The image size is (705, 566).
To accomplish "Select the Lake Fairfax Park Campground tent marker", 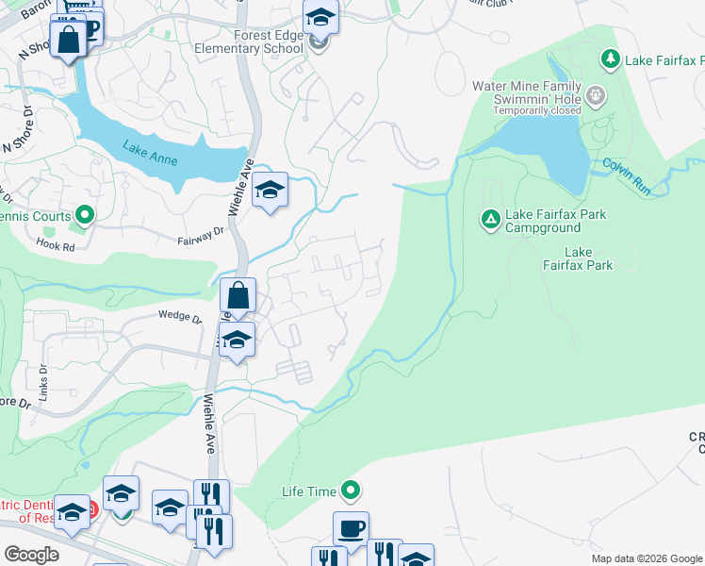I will [x=490, y=220].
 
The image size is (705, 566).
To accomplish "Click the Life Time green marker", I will [x=352, y=491].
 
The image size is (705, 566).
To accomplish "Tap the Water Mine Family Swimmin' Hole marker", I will [x=595, y=94].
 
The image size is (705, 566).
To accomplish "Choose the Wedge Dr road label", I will [x=180, y=317].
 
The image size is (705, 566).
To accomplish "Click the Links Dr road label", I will [x=43, y=380].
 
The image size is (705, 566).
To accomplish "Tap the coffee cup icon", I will [x=351, y=528].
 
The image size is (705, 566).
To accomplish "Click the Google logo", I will [x=31, y=555].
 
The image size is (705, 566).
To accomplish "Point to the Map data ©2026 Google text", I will [x=647, y=558].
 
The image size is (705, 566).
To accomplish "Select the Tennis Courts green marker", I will [x=85, y=217].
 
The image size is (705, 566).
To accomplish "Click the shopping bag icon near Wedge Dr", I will [x=239, y=295].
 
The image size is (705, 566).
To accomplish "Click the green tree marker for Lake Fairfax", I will [x=611, y=60].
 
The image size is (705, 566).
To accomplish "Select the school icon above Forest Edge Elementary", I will [x=320, y=16].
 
